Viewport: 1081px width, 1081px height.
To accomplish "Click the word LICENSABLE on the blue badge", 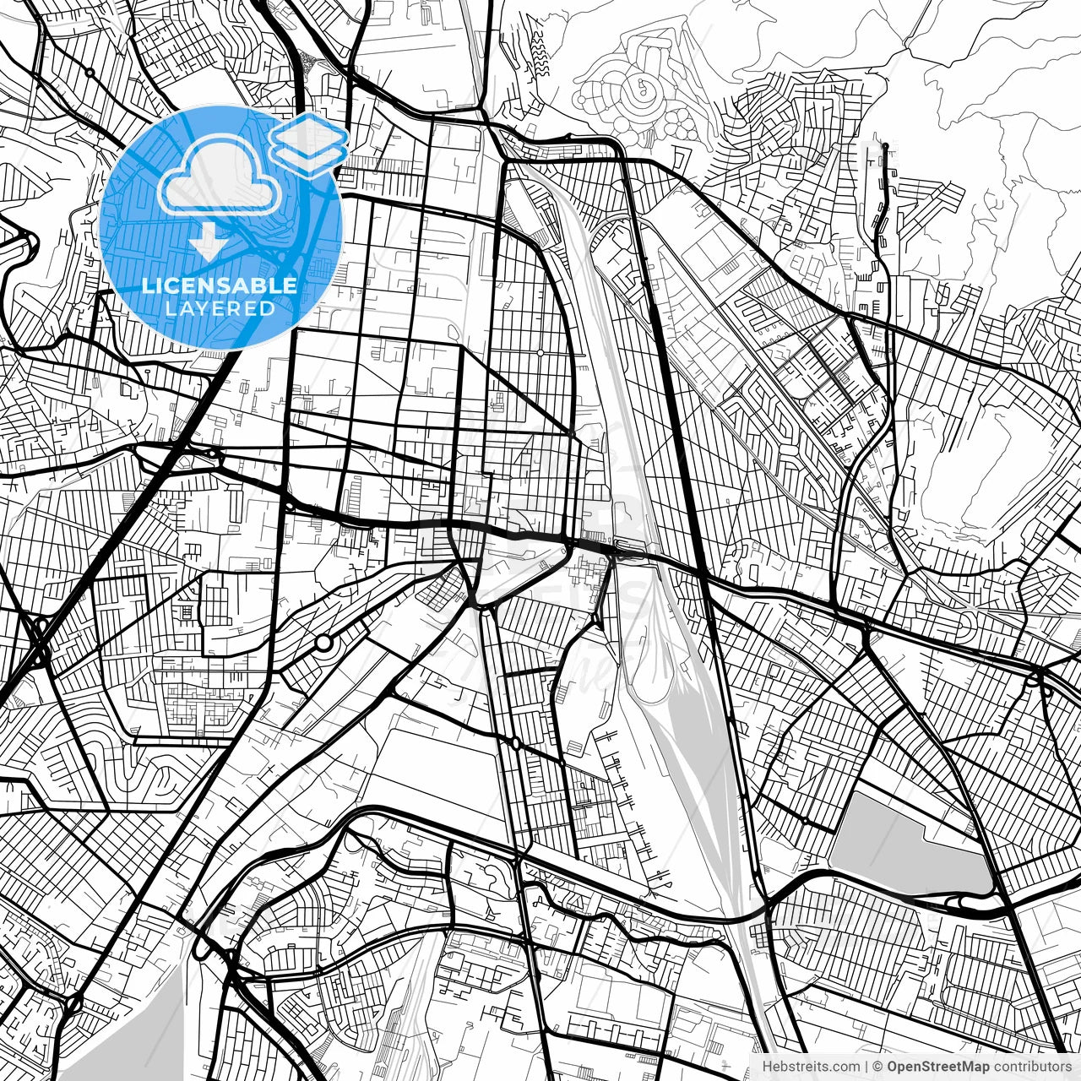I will point(220,285).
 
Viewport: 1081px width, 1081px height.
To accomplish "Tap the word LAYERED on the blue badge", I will point(220,308).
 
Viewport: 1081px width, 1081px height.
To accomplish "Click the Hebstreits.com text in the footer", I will point(811,1067).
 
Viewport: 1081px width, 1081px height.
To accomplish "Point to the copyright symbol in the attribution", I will point(878,1067).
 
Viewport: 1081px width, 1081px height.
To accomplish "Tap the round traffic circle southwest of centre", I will point(323,644).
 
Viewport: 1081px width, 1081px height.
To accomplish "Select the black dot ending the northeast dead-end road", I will point(885,147).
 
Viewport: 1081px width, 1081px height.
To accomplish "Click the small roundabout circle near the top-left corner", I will point(90,73).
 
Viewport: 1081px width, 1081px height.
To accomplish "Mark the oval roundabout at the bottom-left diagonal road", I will point(73,1004).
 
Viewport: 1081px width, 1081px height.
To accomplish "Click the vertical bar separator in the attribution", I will point(867,1067).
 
